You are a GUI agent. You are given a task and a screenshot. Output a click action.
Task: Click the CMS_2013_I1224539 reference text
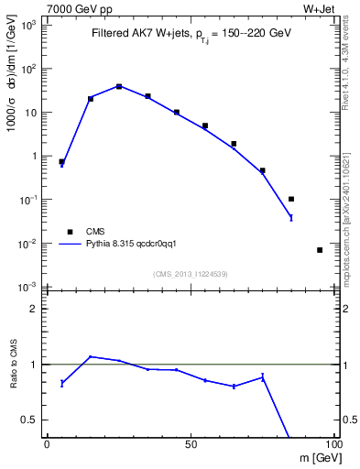pos(191,273)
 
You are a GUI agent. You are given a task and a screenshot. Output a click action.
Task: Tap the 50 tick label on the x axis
pos(190,443)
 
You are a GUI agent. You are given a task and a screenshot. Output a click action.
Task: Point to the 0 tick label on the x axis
pos(47,443)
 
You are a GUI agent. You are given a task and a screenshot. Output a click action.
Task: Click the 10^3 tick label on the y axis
pos(29,25)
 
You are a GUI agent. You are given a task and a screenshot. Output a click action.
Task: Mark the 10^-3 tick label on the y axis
pos(29,287)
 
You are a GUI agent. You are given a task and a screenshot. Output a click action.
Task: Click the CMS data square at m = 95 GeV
pos(320,250)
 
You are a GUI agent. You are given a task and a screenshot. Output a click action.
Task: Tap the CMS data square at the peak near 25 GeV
pos(119,86)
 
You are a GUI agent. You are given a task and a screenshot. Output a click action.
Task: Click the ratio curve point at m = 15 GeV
pos(91,356)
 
